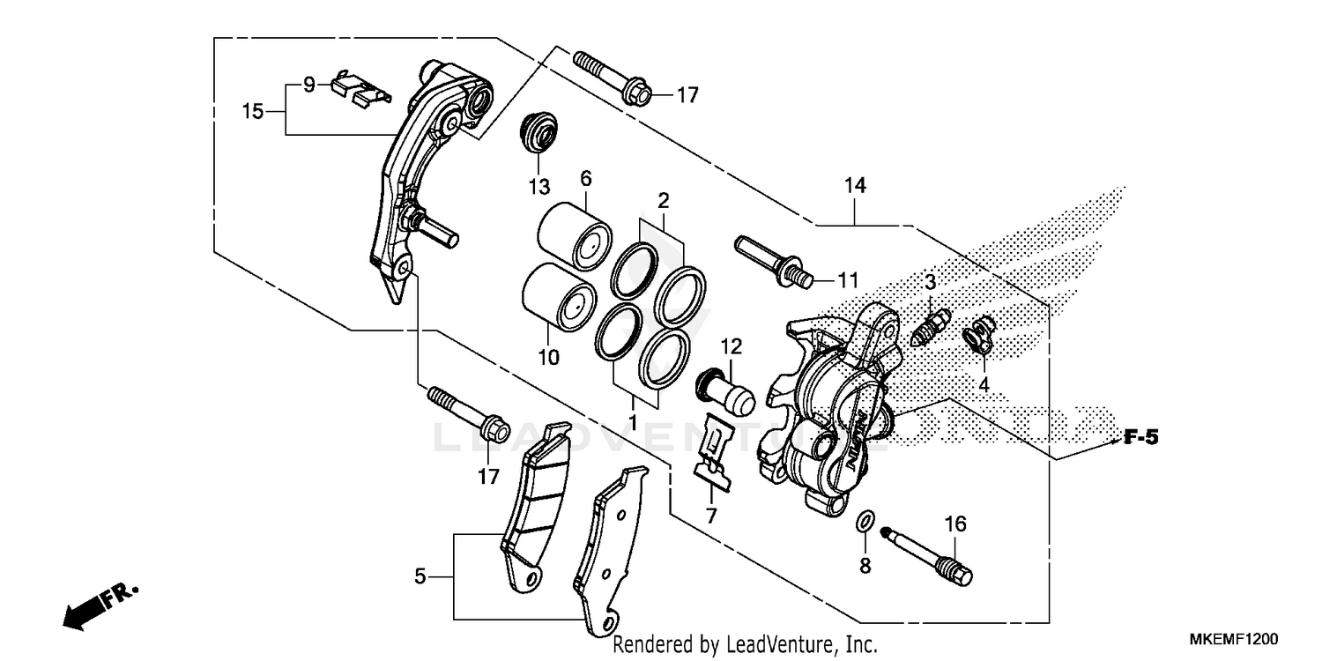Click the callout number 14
coord(855,186)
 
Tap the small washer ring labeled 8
coord(865,524)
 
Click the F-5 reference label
coord(1139,438)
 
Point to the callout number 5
coord(420,577)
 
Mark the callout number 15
coord(253,112)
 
